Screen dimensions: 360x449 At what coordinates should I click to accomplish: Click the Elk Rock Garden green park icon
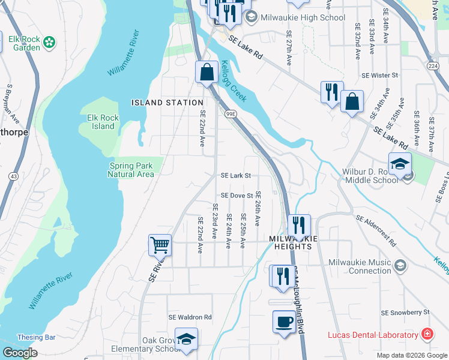pyautogui.click(x=49, y=43)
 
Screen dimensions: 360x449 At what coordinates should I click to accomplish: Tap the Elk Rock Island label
pyautogui.click(x=103, y=122)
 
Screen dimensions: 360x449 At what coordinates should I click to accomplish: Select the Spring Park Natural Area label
pyautogui.click(x=131, y=170)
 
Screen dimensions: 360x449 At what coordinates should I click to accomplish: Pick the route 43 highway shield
pyautogui.click(x=13, y=176)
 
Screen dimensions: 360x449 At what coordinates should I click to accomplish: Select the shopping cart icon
pyautogui.click(x=160, y=245)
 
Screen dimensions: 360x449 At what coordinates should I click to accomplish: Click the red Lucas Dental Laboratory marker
pyautogui.click(x=427, y=334)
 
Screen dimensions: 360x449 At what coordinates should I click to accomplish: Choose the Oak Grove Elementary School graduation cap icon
pyautogui.click(x=187, y=339)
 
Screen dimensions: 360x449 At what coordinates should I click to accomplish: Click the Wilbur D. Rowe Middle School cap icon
pyautogui.click(x=400, y=164)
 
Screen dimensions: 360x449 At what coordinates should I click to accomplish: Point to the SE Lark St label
pyautogui.click(x=235, y=176)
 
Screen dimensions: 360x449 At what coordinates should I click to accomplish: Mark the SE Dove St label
pyautogui.click(x=237, y=196)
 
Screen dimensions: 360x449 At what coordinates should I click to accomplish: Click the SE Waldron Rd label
pyautogui.click(x=190, y=317)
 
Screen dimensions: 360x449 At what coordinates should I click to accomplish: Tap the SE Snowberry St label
pyautogui.click(x=406, y=313)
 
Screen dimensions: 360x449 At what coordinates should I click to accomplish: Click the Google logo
pyautogui.click(x=20, y=353)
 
